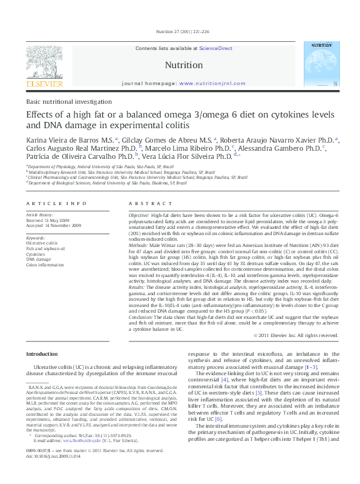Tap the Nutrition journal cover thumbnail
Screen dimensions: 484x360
[321, 64]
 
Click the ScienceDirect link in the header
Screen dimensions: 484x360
[216, 48]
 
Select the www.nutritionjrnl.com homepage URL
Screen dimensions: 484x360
[211, 83]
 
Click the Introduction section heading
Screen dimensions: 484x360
[41, 354]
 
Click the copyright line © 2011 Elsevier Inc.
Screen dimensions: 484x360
[296, 335]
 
